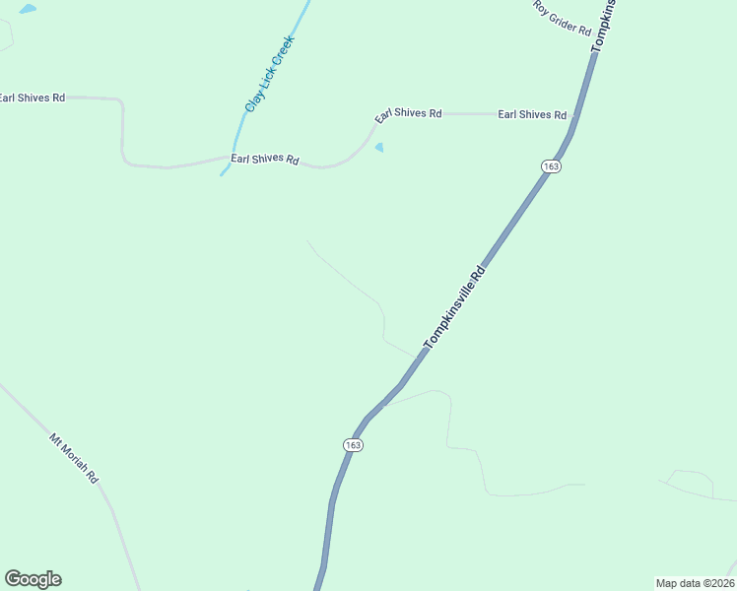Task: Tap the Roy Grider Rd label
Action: click(562, 18)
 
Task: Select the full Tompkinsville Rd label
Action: click(454, 306)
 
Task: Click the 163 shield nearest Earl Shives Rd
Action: click(551, 166)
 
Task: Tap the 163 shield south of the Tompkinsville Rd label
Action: click(354, 445)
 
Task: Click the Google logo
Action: click(33, 579)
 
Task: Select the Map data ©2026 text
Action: click(695, 583)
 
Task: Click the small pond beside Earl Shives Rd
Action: click(380, 148)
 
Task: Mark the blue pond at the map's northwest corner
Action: click(27, 9)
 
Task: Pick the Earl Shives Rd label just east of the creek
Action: click(264, 158)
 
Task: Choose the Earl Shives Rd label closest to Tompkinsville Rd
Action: click(532, 114)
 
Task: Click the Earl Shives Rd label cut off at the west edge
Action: click(32, 98)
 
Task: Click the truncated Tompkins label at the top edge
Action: click(603, 26)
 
